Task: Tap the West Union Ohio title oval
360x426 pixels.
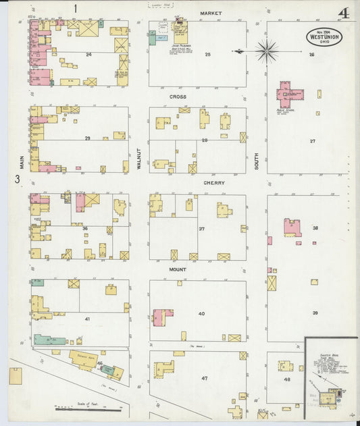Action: coord(324,36)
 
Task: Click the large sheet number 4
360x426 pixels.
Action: coord(344,13)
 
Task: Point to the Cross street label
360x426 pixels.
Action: coord(178,97)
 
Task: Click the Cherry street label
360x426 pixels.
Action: coord(214,182)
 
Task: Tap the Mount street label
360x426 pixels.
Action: coord(178,269)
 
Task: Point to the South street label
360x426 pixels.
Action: coord(257,159)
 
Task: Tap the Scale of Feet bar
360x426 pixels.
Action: coord(88,408)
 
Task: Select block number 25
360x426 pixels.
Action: coord(208,54)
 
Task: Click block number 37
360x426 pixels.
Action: coord(201,229)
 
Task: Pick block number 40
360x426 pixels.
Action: coord(201,314)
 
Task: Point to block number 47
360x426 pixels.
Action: coord(204,379)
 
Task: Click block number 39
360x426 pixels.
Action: coord(315,313)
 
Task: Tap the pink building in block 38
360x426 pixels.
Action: coord(292,228)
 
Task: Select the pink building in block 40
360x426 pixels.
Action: coord(162,316)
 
